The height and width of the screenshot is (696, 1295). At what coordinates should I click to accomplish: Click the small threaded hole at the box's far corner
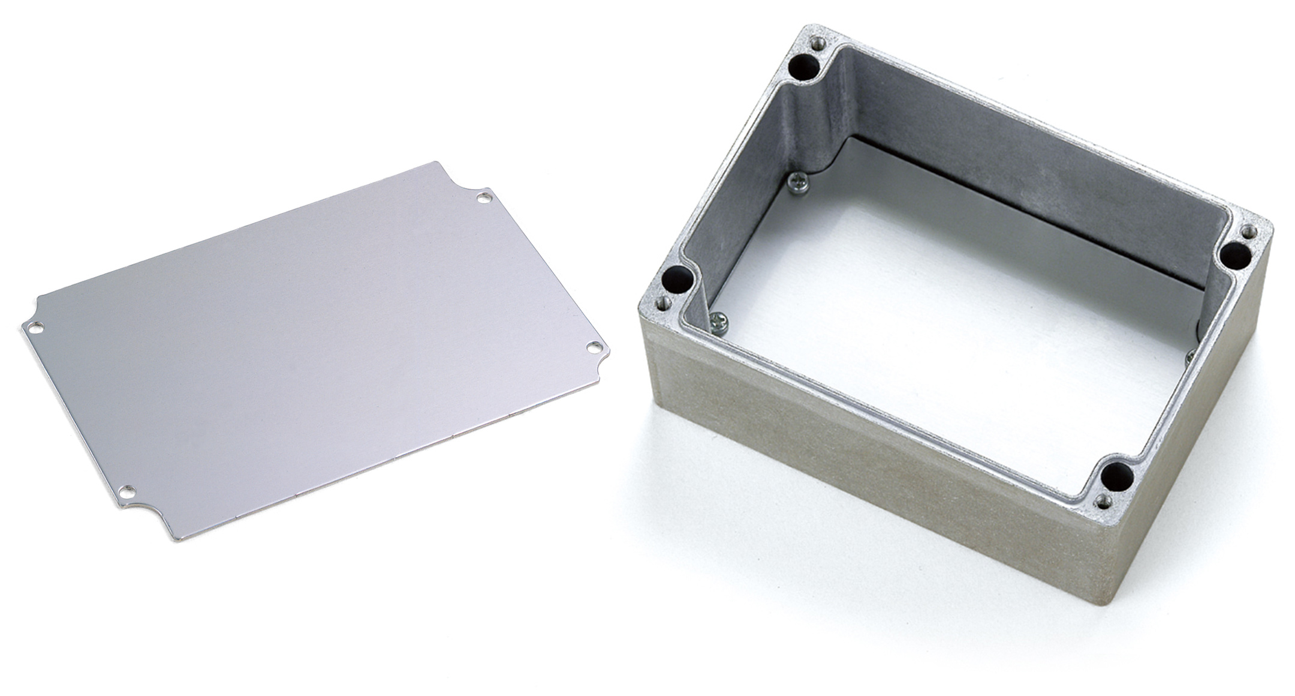(817, 43)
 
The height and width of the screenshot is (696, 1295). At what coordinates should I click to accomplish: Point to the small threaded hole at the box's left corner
(661, 303)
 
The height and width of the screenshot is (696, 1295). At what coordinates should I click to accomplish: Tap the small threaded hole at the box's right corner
(1249, 231)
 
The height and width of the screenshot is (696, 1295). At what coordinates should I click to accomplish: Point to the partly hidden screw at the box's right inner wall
(1191, 357)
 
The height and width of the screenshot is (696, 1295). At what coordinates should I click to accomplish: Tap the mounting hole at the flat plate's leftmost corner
(34, 328)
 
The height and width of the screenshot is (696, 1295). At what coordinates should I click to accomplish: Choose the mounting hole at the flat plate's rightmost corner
(593, 346)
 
